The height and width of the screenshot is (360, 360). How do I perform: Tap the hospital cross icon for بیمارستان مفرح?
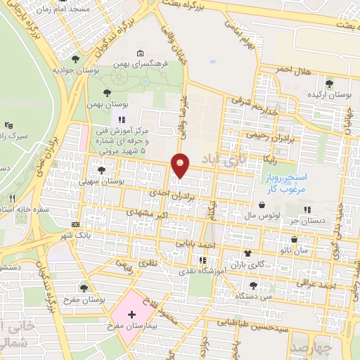pos(131,310)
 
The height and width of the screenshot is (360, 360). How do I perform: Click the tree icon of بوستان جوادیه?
pos(75,59)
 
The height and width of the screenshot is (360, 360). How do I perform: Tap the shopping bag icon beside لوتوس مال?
pos(262,205)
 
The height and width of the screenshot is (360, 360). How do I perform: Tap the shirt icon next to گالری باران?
pos(247,252)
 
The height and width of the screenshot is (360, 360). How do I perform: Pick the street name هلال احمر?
pos(293,70)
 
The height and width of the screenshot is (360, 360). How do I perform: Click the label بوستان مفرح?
pos(102,300)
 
